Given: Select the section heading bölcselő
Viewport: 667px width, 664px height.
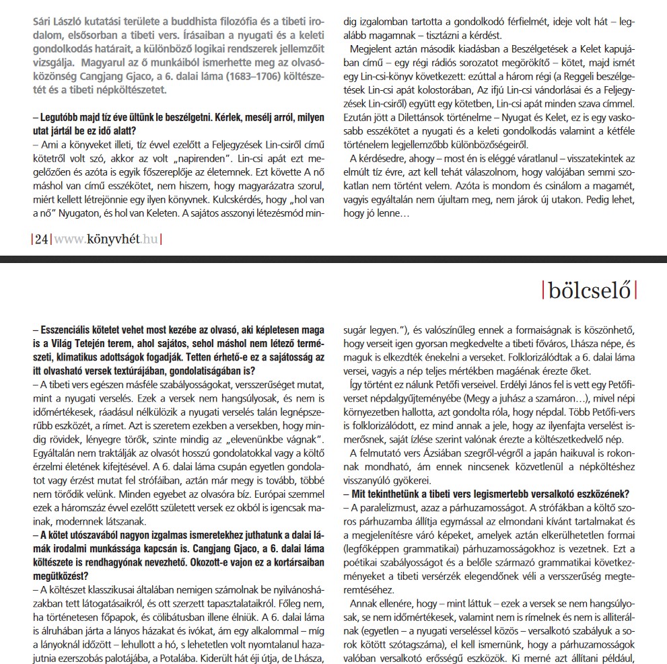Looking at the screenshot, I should [x=589, y=291].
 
